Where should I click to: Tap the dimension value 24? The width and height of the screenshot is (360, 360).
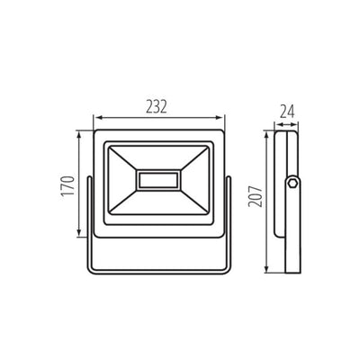coord(287,113)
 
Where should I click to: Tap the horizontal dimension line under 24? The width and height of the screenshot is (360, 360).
coord(287,123)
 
